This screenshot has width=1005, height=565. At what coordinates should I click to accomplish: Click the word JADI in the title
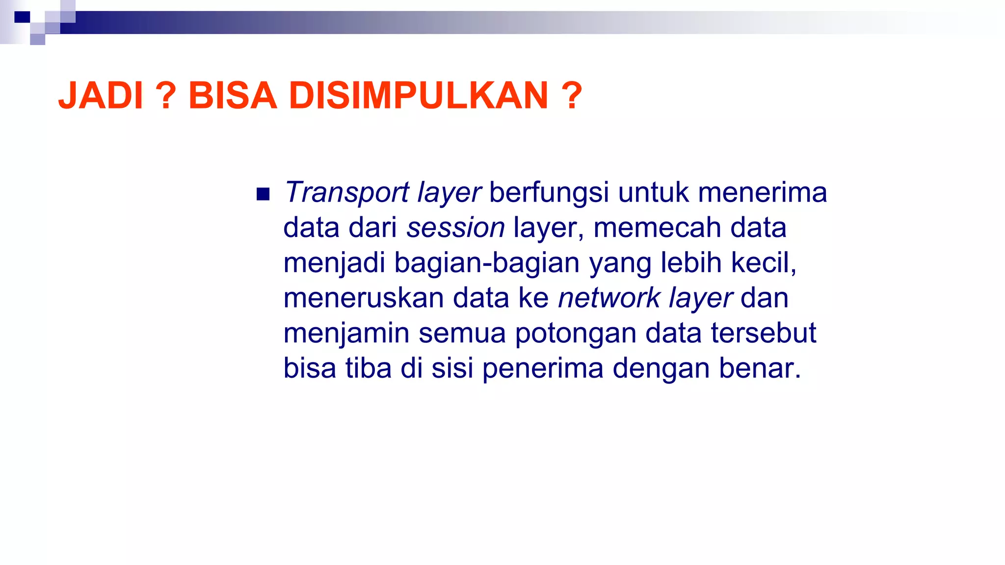[101, 96]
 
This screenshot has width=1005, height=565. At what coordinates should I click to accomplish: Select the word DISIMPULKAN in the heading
[418, 96]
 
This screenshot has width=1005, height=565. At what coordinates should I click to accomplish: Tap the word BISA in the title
[233, 96]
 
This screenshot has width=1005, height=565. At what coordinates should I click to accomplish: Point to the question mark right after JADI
[166, 96]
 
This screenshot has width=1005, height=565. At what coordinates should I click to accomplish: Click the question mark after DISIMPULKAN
[572, 96]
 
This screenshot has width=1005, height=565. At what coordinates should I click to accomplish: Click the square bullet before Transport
[263, 195]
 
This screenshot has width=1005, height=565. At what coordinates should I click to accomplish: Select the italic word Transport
[346, 192]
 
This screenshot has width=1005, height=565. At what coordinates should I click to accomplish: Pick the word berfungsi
[549, 192]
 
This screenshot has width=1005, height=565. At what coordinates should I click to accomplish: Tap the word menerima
[762, 192]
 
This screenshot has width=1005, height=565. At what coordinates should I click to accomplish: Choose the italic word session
[455, 228]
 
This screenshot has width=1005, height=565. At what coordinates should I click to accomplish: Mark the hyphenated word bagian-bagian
[487, 263]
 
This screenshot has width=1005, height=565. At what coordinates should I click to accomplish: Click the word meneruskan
[364, 298]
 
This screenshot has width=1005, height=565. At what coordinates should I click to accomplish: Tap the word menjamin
[346, 334]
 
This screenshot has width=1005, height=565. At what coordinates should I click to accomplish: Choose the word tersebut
[763, 334]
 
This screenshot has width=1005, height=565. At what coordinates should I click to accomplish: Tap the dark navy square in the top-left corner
[22, 17]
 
